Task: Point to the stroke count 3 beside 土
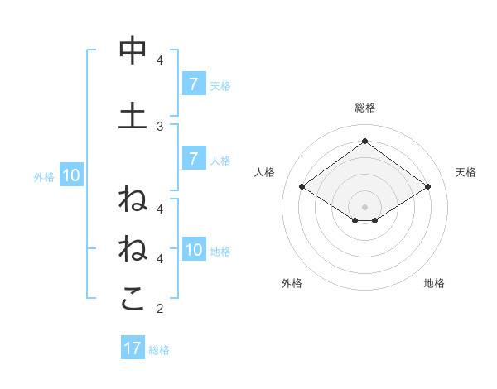click(160, 126)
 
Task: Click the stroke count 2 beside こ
click(160, 309)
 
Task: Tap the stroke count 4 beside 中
click(160, 60)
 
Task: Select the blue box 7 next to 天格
click(193, 84)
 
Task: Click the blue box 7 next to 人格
click(193, 159)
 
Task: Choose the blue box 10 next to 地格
click(194, 250)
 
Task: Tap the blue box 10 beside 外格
click(70, 175)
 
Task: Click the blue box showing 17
click(133, 348)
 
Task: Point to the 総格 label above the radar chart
click(364, 108)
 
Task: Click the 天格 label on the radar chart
click(466, 172)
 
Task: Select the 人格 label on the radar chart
click(264, 172)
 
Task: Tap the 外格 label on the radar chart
click(292, 283)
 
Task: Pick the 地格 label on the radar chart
click(434, 283)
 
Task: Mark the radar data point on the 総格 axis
click(364, 141)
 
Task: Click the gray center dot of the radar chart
click(364, 206)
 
